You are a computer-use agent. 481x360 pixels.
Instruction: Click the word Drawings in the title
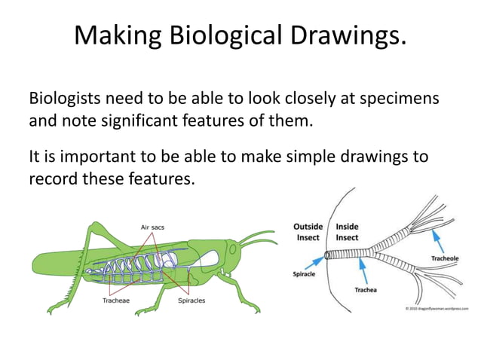tap(348, 35)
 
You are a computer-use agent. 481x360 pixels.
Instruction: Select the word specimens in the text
tap(397, 99)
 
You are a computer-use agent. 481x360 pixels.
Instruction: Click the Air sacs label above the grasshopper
tap(153, 225)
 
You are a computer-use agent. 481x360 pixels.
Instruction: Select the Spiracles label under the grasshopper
tap(191, 301)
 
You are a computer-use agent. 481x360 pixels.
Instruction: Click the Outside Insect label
tap(308, 231)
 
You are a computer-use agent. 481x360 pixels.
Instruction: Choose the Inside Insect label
tap(347, 231)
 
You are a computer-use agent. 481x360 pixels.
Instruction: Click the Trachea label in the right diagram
tap(366, 290)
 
